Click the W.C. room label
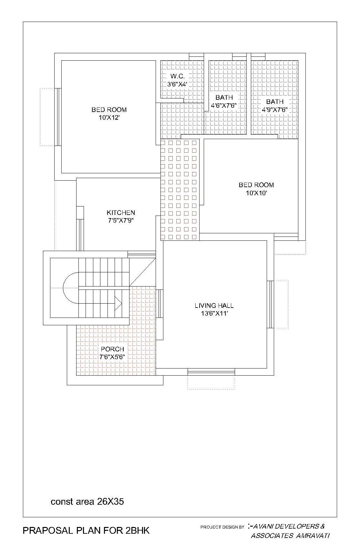[x=177, y=76]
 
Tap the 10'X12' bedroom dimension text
[x=109, y=118]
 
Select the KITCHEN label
[x=121, y=213]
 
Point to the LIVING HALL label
[x=214, y=306]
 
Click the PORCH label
[x=112, y=349]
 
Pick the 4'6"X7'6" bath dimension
[x=224, y=106]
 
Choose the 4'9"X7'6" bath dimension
[x=275, y=110]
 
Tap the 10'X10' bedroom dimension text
[x=256, y=193]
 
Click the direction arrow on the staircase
[x=118, y=304]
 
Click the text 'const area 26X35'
[x=87, y=502]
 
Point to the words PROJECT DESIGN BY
[x=222, y=527]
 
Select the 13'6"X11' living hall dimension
[x=214, y=313]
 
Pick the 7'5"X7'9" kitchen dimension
[x=121, y=221]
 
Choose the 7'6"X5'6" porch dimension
[x=112, y=357]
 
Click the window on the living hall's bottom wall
[x=211, y=372]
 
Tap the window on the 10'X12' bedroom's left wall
[x=58, y=117]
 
